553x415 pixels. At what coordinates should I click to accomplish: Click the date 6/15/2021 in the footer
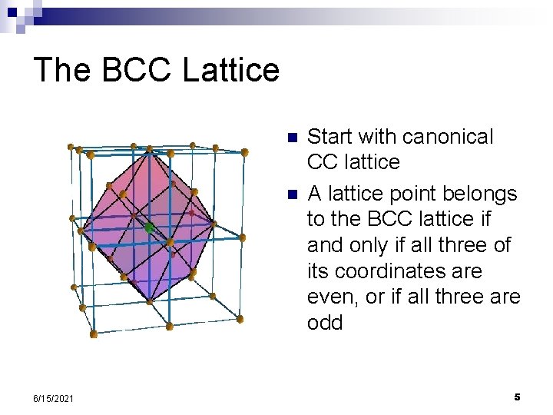(54, 398)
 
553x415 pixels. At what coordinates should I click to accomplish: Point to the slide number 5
(517, 397)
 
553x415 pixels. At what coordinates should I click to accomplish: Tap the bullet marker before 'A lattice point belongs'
(291, 194)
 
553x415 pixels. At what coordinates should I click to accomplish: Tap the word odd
(325, 323)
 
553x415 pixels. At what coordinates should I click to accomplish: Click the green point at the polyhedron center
(149, 227)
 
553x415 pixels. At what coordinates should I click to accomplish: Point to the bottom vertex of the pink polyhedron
(147, 300)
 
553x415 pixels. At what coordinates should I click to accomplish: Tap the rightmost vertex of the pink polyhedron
(214, 224)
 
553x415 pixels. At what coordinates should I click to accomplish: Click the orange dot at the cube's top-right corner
(247, 154)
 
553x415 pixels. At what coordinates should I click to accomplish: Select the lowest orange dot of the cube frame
(94, 334)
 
